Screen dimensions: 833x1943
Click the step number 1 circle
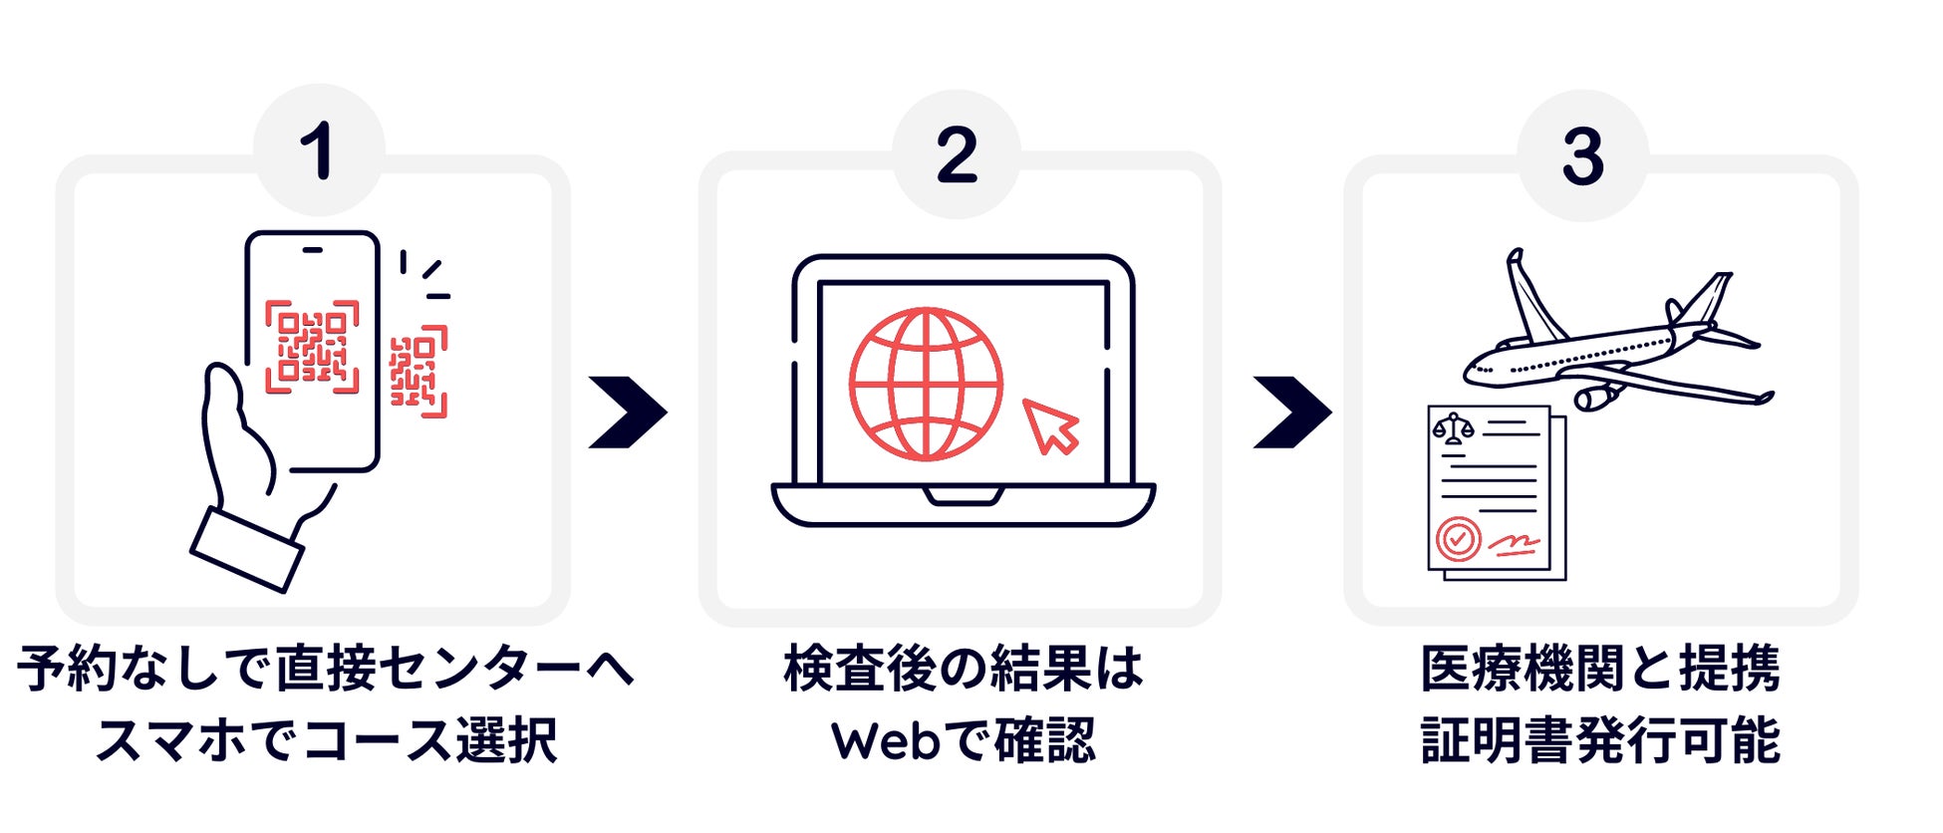(319, 151)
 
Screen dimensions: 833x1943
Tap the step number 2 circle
(957, 155)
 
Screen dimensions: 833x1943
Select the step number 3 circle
(1582, 156)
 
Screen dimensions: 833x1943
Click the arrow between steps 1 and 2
(628, 412)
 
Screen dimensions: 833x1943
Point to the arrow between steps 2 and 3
(1291, 412)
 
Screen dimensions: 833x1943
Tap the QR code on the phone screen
(312, 347)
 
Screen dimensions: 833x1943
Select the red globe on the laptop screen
(926, 384)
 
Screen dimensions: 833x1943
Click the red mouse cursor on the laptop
(1050, 425)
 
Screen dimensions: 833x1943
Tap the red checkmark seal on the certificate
(1458, 539)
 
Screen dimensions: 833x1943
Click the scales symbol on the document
(1453, 429)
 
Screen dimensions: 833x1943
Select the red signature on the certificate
(1513, 543)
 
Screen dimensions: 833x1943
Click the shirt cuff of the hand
(247, 549)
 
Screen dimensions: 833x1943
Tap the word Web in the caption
(886, 741)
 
